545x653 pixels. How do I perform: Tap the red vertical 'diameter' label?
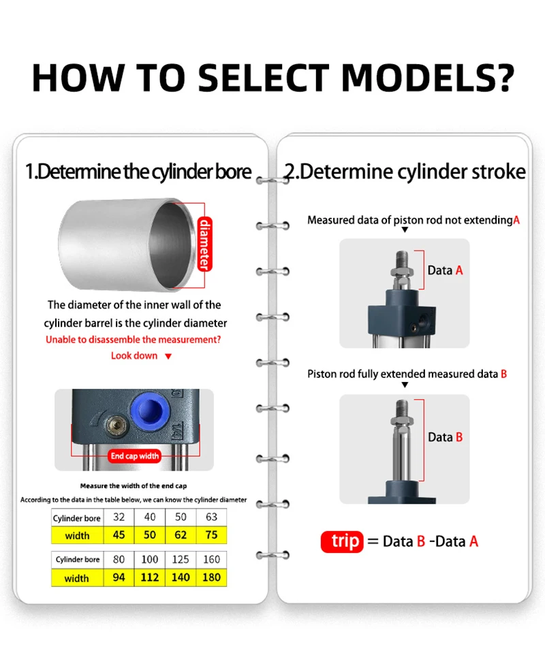pyautogui.click(x=203, y=244)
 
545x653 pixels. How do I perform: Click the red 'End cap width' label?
pyautogui.click(x=135, y=456)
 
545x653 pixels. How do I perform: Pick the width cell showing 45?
pyautogui.click(x=119, y=535)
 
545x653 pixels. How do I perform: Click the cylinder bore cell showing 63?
pyautogui.click(x=211, y=518)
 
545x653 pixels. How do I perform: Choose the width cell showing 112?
pyautogui.click(x=149, y=578)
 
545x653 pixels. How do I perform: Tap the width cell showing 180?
pyautogui.click(x=211, y=578)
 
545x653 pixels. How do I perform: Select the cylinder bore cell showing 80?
pyautogui.click(x=119, y=560)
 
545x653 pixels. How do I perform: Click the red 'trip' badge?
pyautogui.click(x=342, y=542)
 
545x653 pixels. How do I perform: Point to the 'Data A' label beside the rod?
pyautogui.click(x=445, y=270)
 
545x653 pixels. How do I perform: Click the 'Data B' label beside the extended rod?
pyautogui.click(x=445, y=437)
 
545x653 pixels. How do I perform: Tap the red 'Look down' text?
pyautogui.click(x=134, y=355)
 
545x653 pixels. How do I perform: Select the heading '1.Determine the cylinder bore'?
pyautogui.click(x=138, y=172)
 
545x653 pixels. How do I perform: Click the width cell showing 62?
pyautogui.click(x=181, y=535)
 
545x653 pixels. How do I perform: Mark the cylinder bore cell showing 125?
pyautogui.click(x=181, y=560)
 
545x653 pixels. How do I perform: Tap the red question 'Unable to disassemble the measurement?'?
pyautogui.click(x=133, y=339)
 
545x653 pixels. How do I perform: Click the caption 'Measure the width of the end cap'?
pyautogui.click(x=134, y=485)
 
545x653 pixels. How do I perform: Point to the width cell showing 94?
pyautogui.click(x=119, y=578)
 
